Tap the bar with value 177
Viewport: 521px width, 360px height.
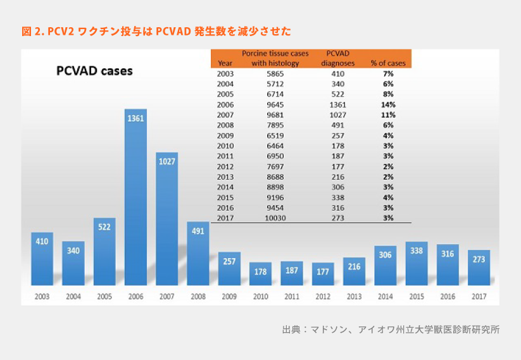coord(323,273)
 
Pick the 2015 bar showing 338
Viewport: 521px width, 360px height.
coord(417,263)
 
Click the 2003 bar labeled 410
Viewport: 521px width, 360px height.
coord(42,258)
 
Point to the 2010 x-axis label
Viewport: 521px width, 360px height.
coord(260,295)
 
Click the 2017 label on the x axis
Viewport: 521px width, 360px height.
coord(479,295)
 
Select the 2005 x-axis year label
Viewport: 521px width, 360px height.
coord(104,295)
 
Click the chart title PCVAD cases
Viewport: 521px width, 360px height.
coord(95,71)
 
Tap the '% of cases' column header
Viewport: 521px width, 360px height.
coord(388,63)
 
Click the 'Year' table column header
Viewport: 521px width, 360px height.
coord(225,63)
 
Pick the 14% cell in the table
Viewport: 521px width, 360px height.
coord(388,104)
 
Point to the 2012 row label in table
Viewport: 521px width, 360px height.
coord(225,166)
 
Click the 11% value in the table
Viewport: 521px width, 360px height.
coord(388,115)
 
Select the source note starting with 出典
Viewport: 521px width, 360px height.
coord(391,330)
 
